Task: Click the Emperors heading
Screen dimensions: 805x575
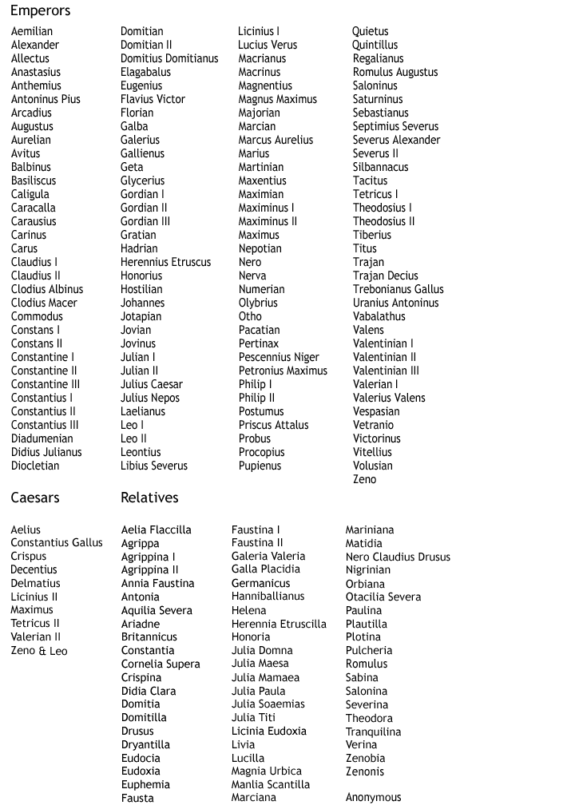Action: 40,11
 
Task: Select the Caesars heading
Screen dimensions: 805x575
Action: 34,498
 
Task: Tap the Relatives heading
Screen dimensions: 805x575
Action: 149,498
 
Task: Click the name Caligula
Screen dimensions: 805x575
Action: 30,194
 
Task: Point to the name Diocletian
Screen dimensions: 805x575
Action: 34,466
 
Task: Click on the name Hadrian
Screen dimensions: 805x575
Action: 139,248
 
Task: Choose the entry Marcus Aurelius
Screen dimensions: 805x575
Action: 276,140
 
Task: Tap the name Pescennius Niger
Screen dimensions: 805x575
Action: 279,357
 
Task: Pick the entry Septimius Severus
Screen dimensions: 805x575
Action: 395,126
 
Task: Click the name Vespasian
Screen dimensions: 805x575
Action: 376,411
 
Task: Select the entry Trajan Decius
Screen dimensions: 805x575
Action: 385,276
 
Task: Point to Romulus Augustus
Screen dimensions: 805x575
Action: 395,72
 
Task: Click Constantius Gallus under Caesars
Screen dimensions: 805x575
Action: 57,543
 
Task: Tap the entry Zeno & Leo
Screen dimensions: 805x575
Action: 39,651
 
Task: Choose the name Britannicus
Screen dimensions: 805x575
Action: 149,637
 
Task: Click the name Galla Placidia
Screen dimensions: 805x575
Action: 266,569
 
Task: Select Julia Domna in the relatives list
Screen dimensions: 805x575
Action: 262,650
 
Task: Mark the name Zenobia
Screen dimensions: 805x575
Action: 365,758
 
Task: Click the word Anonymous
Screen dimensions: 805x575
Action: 373,797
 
